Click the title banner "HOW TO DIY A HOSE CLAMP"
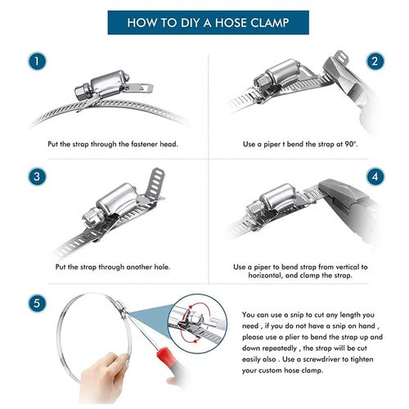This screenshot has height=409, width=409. [204, 23]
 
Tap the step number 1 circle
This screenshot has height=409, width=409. [35, 62]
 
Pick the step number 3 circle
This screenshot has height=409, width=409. [35, 177]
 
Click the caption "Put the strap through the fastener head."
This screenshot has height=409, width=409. [111, 144]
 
